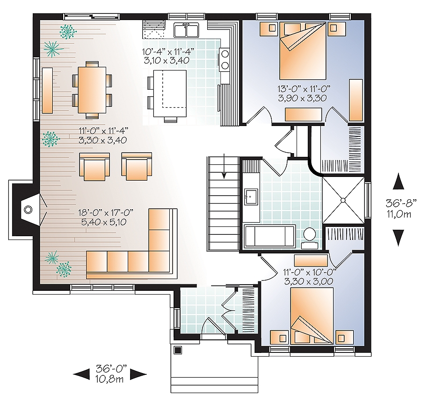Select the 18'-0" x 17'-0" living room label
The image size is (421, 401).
[103, 217]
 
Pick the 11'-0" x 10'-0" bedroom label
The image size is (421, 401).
[308, 277]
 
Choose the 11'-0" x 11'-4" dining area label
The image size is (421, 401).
[104, 135]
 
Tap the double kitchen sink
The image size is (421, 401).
[188, 31]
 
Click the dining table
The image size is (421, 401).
[92, 87]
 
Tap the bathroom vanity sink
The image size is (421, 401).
[251, 197]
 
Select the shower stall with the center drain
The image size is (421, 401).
[343, 200]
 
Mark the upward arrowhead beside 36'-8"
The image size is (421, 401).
[398, 181]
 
